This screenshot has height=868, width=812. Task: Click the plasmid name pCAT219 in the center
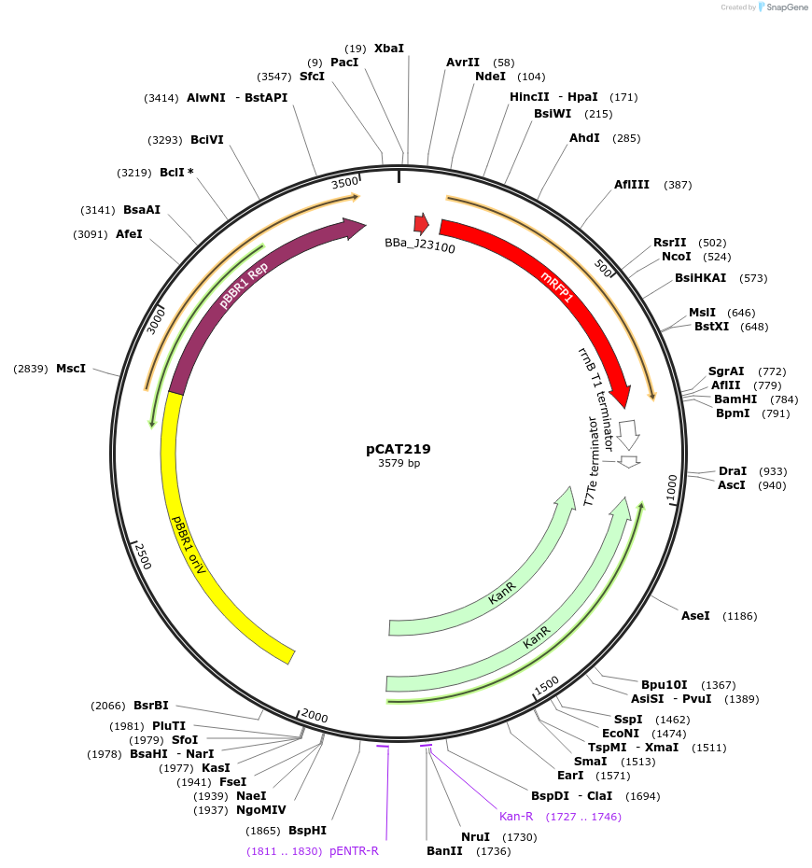click(398, 449)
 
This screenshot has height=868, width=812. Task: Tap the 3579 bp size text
click(399, 463)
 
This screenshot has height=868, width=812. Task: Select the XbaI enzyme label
click(389, 48)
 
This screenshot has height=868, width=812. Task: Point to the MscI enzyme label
click(71, 369)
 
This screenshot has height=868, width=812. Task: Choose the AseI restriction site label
click(695, 616)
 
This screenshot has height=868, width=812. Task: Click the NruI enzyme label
click(475, 837)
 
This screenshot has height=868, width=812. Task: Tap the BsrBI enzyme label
click(151, 706)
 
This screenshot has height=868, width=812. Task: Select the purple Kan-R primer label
click(516, 817)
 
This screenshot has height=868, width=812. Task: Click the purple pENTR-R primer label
click(354, 851)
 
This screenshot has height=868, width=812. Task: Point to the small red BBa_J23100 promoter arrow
click(421, 224)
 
